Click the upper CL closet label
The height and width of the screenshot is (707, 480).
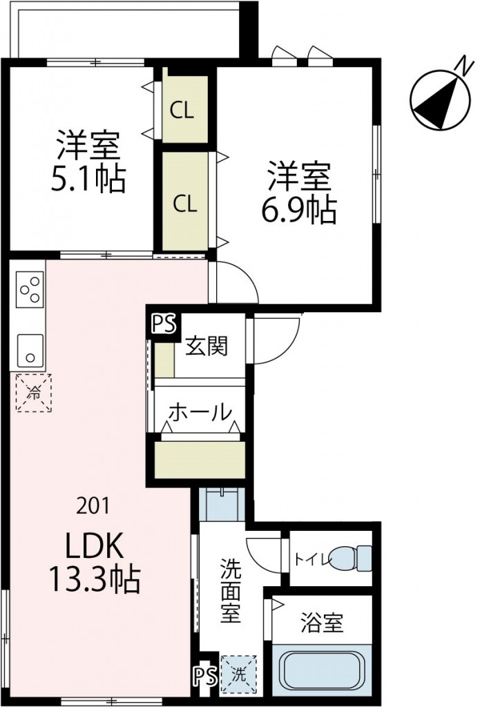point(183,110)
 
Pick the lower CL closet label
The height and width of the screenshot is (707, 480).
point(184,203)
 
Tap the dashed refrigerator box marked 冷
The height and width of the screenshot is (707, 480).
point(34,394)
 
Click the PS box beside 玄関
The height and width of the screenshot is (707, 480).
point(164,324)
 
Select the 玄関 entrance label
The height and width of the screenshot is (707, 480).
point(206,347)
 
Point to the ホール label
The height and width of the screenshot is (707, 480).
point(200,412)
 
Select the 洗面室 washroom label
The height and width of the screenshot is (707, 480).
point(231,590)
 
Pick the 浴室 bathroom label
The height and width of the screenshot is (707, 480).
point(322,623)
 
